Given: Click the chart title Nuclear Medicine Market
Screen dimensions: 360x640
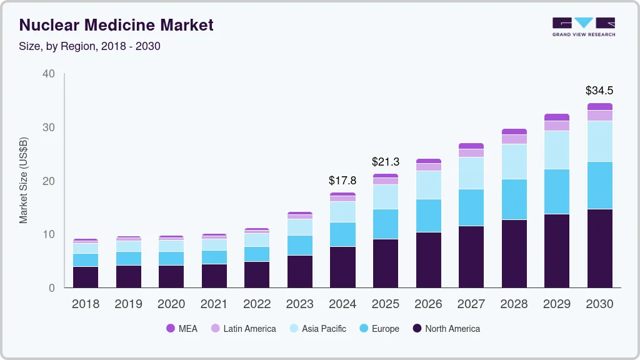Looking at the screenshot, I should click(x=116, y=25).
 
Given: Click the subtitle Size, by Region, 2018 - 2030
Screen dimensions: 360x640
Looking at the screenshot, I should click(x=90, y=46).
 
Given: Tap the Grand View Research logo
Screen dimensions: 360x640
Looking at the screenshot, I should click(x=583, y=26).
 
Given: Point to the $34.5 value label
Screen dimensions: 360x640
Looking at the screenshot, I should click(x=599, y=91).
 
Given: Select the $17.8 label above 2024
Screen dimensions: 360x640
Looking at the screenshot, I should click(x=342, y=181).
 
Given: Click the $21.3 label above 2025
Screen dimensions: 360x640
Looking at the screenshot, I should click(x=386, y=162).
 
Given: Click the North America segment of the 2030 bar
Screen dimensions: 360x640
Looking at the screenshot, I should click(x=599, y=248).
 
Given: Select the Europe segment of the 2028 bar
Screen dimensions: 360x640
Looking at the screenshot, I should click(x=514, y=199).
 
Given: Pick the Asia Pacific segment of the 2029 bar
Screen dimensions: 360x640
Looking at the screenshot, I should click(x=556, y=150).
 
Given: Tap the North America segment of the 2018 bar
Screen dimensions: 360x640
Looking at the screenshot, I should click(x=85, y=277).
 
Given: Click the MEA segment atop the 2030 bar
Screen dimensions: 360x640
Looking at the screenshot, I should click(x=599, y=107).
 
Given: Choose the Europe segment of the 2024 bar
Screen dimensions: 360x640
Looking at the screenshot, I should click(x=342, y=234).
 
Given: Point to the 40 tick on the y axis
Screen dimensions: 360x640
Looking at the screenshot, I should click(x=49, y=74).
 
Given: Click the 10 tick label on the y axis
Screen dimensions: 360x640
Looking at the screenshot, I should click(x=49, y=234).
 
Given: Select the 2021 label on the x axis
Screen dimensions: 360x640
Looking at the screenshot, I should click(x=214, y=304).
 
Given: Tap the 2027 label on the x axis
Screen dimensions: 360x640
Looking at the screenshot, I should click(x=471, y=304).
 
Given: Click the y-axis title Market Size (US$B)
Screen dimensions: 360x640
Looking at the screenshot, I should click(x=24, y=181).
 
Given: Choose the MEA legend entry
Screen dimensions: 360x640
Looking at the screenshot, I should click(x=181, y=328).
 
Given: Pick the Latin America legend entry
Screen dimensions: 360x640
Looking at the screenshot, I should click(x=243, y=328).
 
